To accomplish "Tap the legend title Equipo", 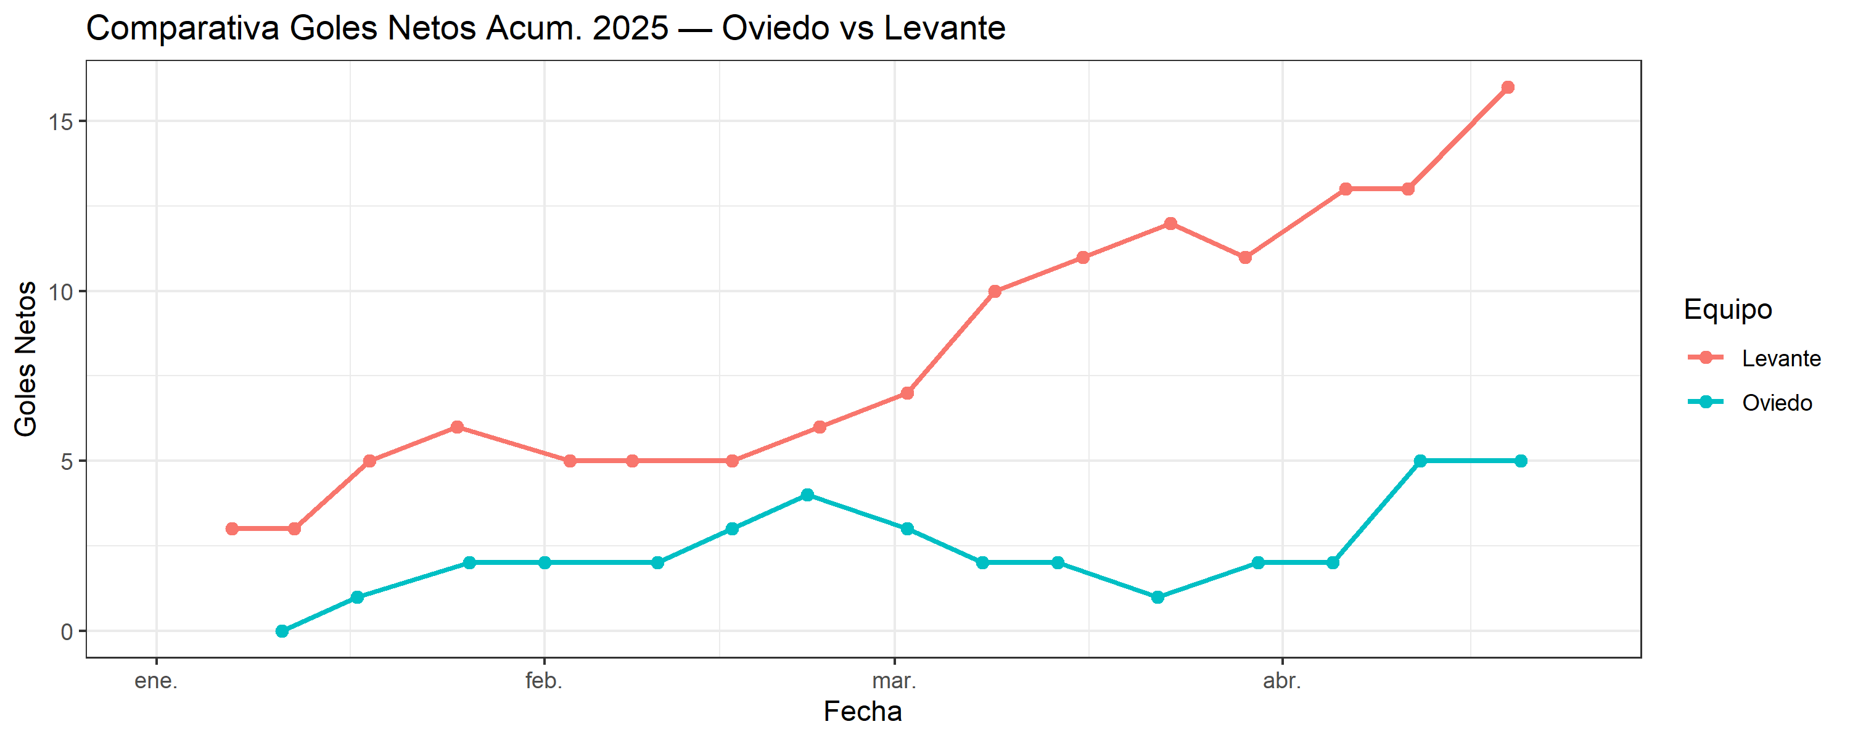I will click(1727, 309).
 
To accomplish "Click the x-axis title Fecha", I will click(862, 711).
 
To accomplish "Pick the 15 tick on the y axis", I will click(61, 121).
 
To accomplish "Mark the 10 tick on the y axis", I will click(61, 292).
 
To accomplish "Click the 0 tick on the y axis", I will click(67, 631).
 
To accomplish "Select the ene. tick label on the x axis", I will click(156, 680).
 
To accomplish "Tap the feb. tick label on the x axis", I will click(544, 680).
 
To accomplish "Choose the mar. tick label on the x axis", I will click(894, 680).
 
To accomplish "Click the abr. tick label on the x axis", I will click(1282, 680).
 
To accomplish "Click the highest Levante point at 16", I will click(1507, 88).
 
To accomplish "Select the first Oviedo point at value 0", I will click(282, 631).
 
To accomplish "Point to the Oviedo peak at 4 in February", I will click(807, 495).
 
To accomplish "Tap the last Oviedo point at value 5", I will click(1520, 461).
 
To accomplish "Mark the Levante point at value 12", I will click(1170, 223).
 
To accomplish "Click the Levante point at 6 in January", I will click(457, 427).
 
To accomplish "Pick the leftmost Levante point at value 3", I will click(232, 528).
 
